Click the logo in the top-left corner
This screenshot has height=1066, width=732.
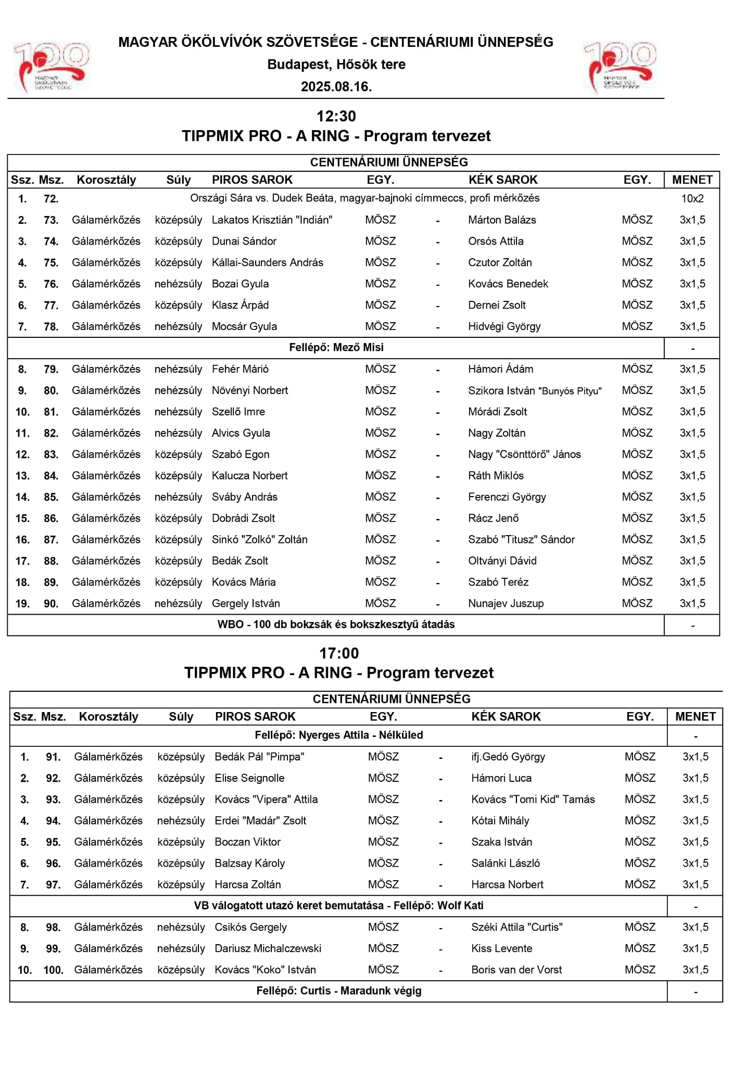pos(51,67)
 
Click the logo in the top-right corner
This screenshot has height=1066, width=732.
pos(620,67)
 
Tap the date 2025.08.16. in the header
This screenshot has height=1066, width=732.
pos(336,87)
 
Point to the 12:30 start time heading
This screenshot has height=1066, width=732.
pos(336,116)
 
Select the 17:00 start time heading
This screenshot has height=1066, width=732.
pos(339,653)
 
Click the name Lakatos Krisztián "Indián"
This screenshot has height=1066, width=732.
pos(272,220)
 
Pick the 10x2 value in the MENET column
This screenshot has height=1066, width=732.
pos(692,198)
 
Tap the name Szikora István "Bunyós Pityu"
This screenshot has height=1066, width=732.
pos(535,391)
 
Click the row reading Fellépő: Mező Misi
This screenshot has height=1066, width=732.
pos(336,348)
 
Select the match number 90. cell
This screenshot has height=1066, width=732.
pos(51,604)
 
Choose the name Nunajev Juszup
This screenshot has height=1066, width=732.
pos(506,604)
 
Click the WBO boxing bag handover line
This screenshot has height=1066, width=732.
pos(336,625)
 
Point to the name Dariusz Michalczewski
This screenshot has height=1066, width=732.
pos(268,948)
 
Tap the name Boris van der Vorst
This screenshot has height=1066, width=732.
pos(516,970)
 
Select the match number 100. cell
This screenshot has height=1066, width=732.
pos(53,970)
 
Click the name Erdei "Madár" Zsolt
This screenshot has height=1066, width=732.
pos(260,821)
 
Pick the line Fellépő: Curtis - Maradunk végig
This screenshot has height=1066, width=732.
pos(339,991)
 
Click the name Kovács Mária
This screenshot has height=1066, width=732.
pos(244,582)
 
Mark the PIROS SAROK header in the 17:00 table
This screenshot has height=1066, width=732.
pos(255,717)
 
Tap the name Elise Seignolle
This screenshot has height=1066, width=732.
pos(249,778)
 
